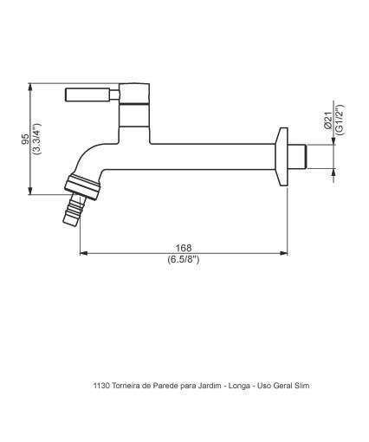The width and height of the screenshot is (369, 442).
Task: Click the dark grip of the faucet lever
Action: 87,94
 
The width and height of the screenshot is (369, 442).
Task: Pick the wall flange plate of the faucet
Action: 281,157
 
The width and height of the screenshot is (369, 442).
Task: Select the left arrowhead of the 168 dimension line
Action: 83,254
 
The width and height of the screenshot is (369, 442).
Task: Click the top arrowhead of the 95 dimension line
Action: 32,85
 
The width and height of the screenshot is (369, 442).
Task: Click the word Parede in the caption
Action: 164,386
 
